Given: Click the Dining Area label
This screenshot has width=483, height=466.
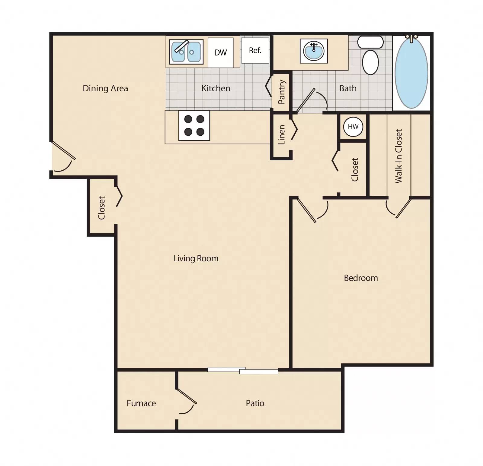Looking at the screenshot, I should pyautogui.click(x=105, y=88).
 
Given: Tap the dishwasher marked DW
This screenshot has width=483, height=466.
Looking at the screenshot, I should pyautogui.click(x=220, y=52).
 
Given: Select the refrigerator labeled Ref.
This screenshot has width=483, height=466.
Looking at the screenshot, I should pyautogui.click(x=255, y=50).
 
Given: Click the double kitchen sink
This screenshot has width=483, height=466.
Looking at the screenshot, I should pyautogui.click(x=186, y=52).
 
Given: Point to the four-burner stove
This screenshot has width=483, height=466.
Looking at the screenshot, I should pyautogui.click(x=194, y=125).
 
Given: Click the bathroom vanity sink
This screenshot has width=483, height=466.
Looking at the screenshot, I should pyautogui.click(x=314, y=51).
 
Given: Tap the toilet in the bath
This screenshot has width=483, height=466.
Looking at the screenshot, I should pyautogui.click(x=370, y=57).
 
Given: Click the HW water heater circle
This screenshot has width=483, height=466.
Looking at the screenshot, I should pyautogui.click(x=353, y=127).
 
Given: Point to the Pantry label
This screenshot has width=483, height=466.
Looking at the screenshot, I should pyautogui.click(x=282, y=92).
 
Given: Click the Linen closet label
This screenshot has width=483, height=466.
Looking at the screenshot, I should pyautogui.click(x=281, y=135).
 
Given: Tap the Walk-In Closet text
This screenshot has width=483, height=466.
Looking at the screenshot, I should pyautogui.click(x=399, y=156).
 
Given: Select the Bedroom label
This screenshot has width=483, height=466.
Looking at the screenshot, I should pyautogui.click(x=361, y=278).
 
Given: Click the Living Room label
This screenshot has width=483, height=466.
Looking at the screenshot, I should pyautogui.click(x=196, y=258).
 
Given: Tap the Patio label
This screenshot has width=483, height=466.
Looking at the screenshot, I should pyautogui.click(x=255, y=403).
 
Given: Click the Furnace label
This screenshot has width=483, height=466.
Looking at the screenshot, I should pyautogui.click(x=141, y=403).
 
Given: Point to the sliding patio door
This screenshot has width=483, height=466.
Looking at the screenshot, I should pyautogui.click(x=242, y=370).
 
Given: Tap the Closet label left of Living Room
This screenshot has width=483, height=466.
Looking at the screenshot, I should pyautogui.click(x=101, y=208).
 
